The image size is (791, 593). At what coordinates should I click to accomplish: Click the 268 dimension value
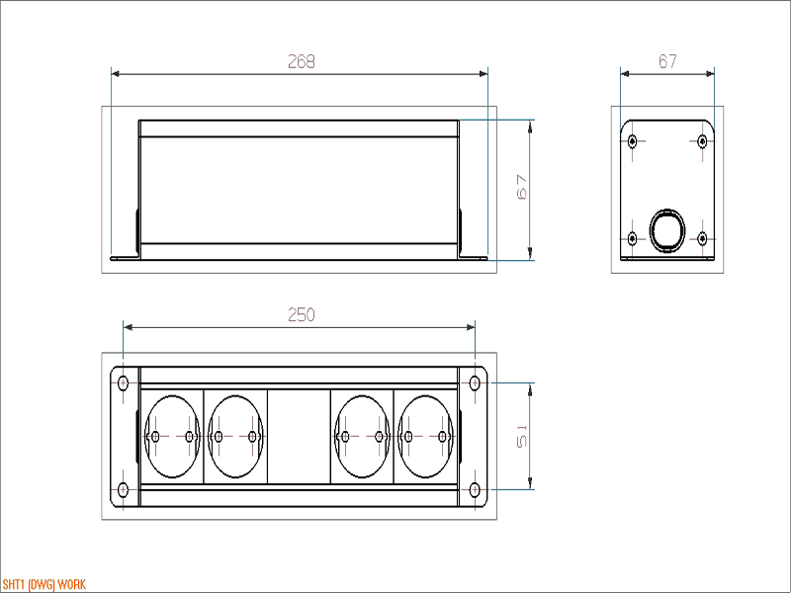pyautogui.click(x=302, y=61)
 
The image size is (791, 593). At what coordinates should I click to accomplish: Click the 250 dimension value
pyautogui.click(x=302, y=314)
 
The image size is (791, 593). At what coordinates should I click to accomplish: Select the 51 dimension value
pyautogui.click(x=522, y=436)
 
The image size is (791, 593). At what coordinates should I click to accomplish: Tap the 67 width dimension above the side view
pyautogui.click(x=667, y=61)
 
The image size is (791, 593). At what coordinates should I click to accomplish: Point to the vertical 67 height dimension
pyautogui.click(x=522, y=187)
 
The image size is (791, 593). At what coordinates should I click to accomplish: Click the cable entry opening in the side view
pyautogui.click(x=667, y=230)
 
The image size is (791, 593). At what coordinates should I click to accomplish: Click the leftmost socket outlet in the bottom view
pyautogui.click(x=172, y=436)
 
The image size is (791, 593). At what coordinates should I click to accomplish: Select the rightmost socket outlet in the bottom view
pyautogui.click(x=426, y=436)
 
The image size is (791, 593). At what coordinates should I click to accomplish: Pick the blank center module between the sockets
pyautogui.click(x=299, y=436)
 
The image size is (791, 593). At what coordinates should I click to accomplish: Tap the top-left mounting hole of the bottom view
pyautogui.click(x=123, y=383)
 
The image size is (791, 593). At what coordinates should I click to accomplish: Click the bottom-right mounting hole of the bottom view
pyautogui.click(x=475, y=489)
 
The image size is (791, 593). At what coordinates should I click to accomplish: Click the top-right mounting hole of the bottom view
pyautogui.click(x=475, y=383)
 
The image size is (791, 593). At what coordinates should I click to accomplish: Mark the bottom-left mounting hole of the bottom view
pyautogui.click(x=123, y=489)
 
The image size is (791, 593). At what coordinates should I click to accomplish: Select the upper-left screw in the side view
pyautogui.click(x=633, y=141)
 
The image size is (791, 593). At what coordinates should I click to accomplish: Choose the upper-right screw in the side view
pyautogui.click(x=702, y=141)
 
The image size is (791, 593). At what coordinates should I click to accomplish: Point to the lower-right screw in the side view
pyautogui.click(x=702, y=238)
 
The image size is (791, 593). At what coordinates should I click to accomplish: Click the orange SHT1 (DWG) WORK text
pyautogui.click(x=44, y=584)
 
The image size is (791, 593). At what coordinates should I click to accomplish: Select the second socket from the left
pyautogui.click(x=235, y=436)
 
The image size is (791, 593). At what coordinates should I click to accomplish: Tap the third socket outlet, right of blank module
pyautogui.click(x=362, y=436)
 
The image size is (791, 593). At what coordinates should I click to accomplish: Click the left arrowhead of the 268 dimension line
pyautogui.click(x=116, y=73)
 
